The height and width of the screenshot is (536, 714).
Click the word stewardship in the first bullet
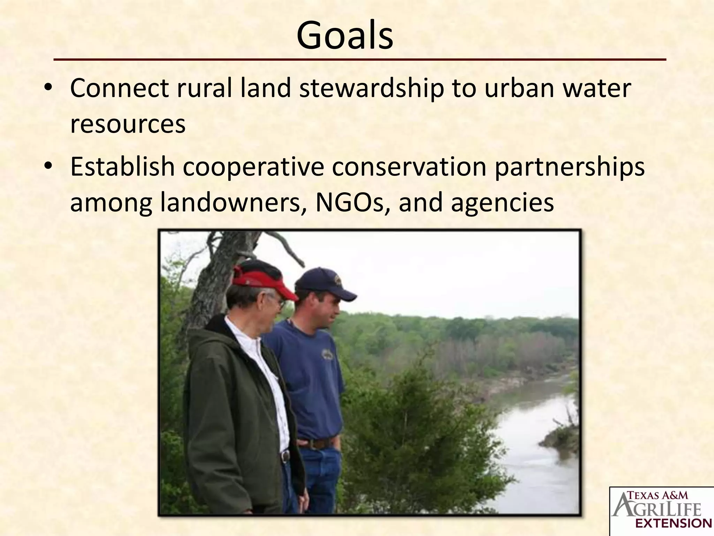371,89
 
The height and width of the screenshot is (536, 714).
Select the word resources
128,124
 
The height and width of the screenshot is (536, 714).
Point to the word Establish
122,167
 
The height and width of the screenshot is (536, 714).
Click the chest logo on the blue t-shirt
327,354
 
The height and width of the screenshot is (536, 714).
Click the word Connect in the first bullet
119,89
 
